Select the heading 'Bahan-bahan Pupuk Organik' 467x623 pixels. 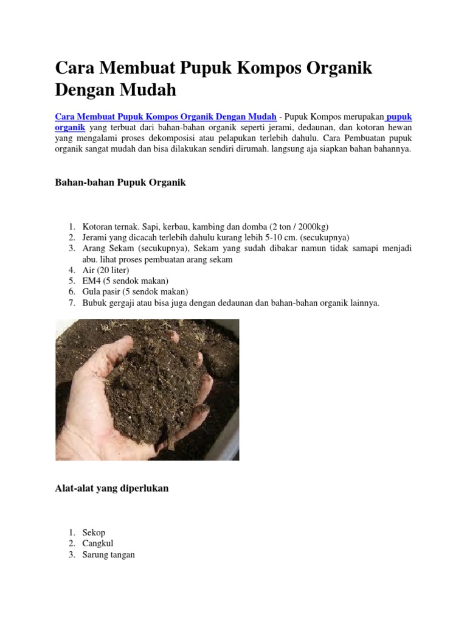click(x=120, y=183)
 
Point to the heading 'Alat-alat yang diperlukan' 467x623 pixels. click(x=112, y=488)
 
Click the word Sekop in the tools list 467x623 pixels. click(x=94, y=532)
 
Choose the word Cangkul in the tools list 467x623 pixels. click(x=98, y=543)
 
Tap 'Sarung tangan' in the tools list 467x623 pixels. click(x=109, y=554)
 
